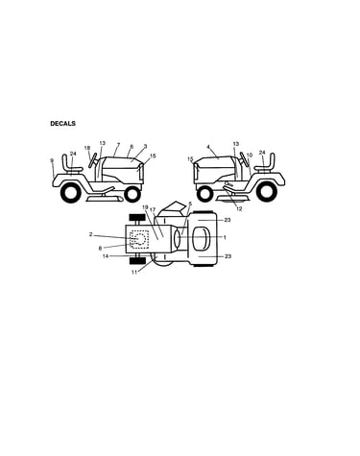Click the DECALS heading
tap(62, 124)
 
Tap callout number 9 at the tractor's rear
tap(52, 160)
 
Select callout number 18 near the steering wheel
tap(87, 148)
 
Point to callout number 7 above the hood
tap(118, 145)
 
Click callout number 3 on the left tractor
tap(145, 146)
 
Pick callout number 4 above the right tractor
tap(208, 147)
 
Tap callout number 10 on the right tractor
tap(250, 156)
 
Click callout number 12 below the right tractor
tap(239, 209)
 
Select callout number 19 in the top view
tap(145, 207)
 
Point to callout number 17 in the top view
tap(153, 209)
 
